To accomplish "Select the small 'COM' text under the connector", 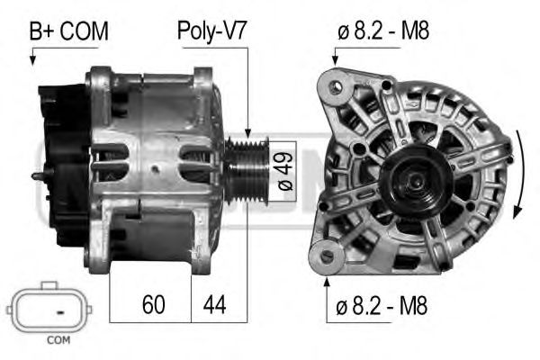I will [x=58, y=340].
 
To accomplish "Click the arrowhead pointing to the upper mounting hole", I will [x=336, y=60].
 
